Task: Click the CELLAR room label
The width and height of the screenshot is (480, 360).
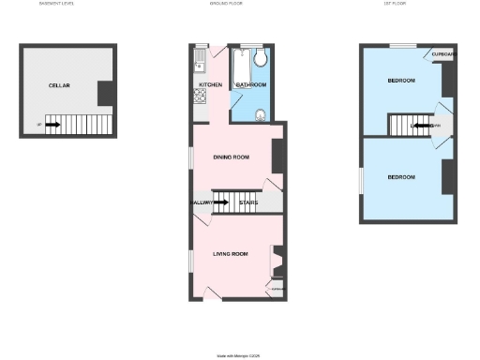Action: pyautogui.click(x=60, y=85)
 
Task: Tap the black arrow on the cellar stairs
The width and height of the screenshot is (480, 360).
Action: pyautogui.click(x=52, y=124)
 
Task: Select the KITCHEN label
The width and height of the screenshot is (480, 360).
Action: pyautogui.click(x=211, y=85)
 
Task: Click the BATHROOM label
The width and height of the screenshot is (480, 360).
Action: pyautogui.click(x=251, y=85)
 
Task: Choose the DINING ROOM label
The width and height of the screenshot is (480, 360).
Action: pyautogui.click(x=231, y=157)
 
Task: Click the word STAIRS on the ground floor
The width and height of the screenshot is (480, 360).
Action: pyautogui.click(x=248, y=202)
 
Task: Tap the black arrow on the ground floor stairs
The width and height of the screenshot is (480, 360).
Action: pyautogui.click(x=225, y=202)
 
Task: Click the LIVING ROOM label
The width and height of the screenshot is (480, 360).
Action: pyautogui.click(x=230, y=253)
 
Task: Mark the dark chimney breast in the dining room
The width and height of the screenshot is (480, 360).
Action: pyautogui.click(x=277, y=156)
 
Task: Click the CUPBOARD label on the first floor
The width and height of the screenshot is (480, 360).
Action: pyautogui.click(x=444, y=54)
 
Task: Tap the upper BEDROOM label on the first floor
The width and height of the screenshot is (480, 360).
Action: pyautogui.click(x=401, y=82)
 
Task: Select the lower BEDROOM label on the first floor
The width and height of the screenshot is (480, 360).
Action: pyautogui.click(x=401, y=177)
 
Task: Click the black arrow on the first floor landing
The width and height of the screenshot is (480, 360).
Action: pyautogui.click(x=422, y=125)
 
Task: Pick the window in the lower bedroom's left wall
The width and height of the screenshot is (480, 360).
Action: pyautogui.click(x=360, y=181)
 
